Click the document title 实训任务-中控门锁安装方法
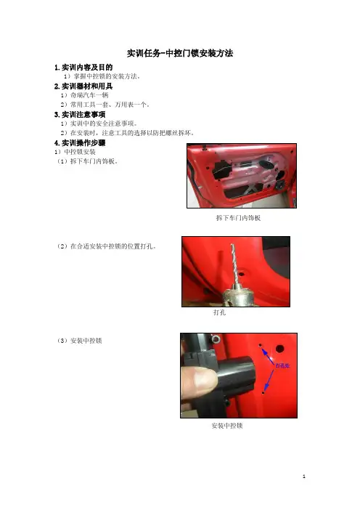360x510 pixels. tap(180, 53)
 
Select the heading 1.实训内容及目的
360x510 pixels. tap(83, 68)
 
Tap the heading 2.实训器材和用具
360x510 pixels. tap(83, 86)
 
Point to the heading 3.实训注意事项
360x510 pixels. tap(80, 115)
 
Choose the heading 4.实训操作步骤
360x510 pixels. tap(80, 143)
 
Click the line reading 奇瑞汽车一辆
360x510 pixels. tap(84, 95)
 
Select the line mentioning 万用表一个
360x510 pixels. tap(105, 105)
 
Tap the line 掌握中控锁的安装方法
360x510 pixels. tap(102, 76)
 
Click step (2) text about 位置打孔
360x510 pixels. tap(107, 246)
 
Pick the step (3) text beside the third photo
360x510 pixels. tap(80, 341)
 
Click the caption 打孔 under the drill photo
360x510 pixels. tap(220, 312)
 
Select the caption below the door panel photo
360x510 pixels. tap(238, 218)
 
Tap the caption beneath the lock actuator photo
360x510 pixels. tap(227, 426)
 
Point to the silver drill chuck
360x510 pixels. tap(237, 295)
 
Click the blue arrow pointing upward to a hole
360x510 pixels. tap(267, 355)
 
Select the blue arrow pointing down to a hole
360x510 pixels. tap(269, 380)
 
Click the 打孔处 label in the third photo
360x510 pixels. tap(282, 365)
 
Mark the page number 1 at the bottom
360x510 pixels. tap(304, 477)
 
